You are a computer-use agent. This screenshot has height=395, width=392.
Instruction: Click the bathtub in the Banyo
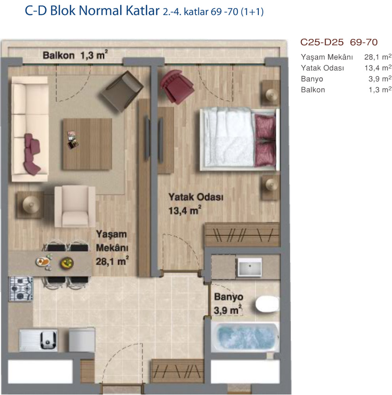point(245,337)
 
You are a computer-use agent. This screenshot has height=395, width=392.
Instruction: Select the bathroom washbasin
point(250,267)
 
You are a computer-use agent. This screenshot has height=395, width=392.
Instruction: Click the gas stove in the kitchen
point(21,289)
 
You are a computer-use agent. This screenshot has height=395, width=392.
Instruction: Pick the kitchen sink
point(38,340)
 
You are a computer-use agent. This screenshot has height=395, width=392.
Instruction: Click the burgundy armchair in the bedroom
point(177,87)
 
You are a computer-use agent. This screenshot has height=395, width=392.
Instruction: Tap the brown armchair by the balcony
point(122,91)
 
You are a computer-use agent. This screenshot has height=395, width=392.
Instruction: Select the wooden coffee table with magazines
point(87,144)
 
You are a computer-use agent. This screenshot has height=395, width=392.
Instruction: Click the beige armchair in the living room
point(75,206)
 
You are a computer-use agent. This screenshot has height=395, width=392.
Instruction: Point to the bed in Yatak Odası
point(239,139)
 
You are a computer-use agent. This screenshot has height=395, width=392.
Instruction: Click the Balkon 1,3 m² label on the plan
point(75,55)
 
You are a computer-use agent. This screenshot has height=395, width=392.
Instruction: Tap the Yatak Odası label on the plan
point(196,197)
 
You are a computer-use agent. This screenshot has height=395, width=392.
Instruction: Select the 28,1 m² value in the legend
point(378,57)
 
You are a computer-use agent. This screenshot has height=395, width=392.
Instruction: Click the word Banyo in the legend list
point(312,79)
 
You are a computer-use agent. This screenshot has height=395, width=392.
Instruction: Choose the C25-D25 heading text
point(322,42)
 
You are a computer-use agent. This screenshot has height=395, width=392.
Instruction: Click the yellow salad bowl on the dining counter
point(67,263)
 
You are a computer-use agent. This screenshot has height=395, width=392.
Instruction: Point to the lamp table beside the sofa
point(30,204)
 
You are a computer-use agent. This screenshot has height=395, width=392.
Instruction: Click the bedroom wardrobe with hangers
point(243,235)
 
